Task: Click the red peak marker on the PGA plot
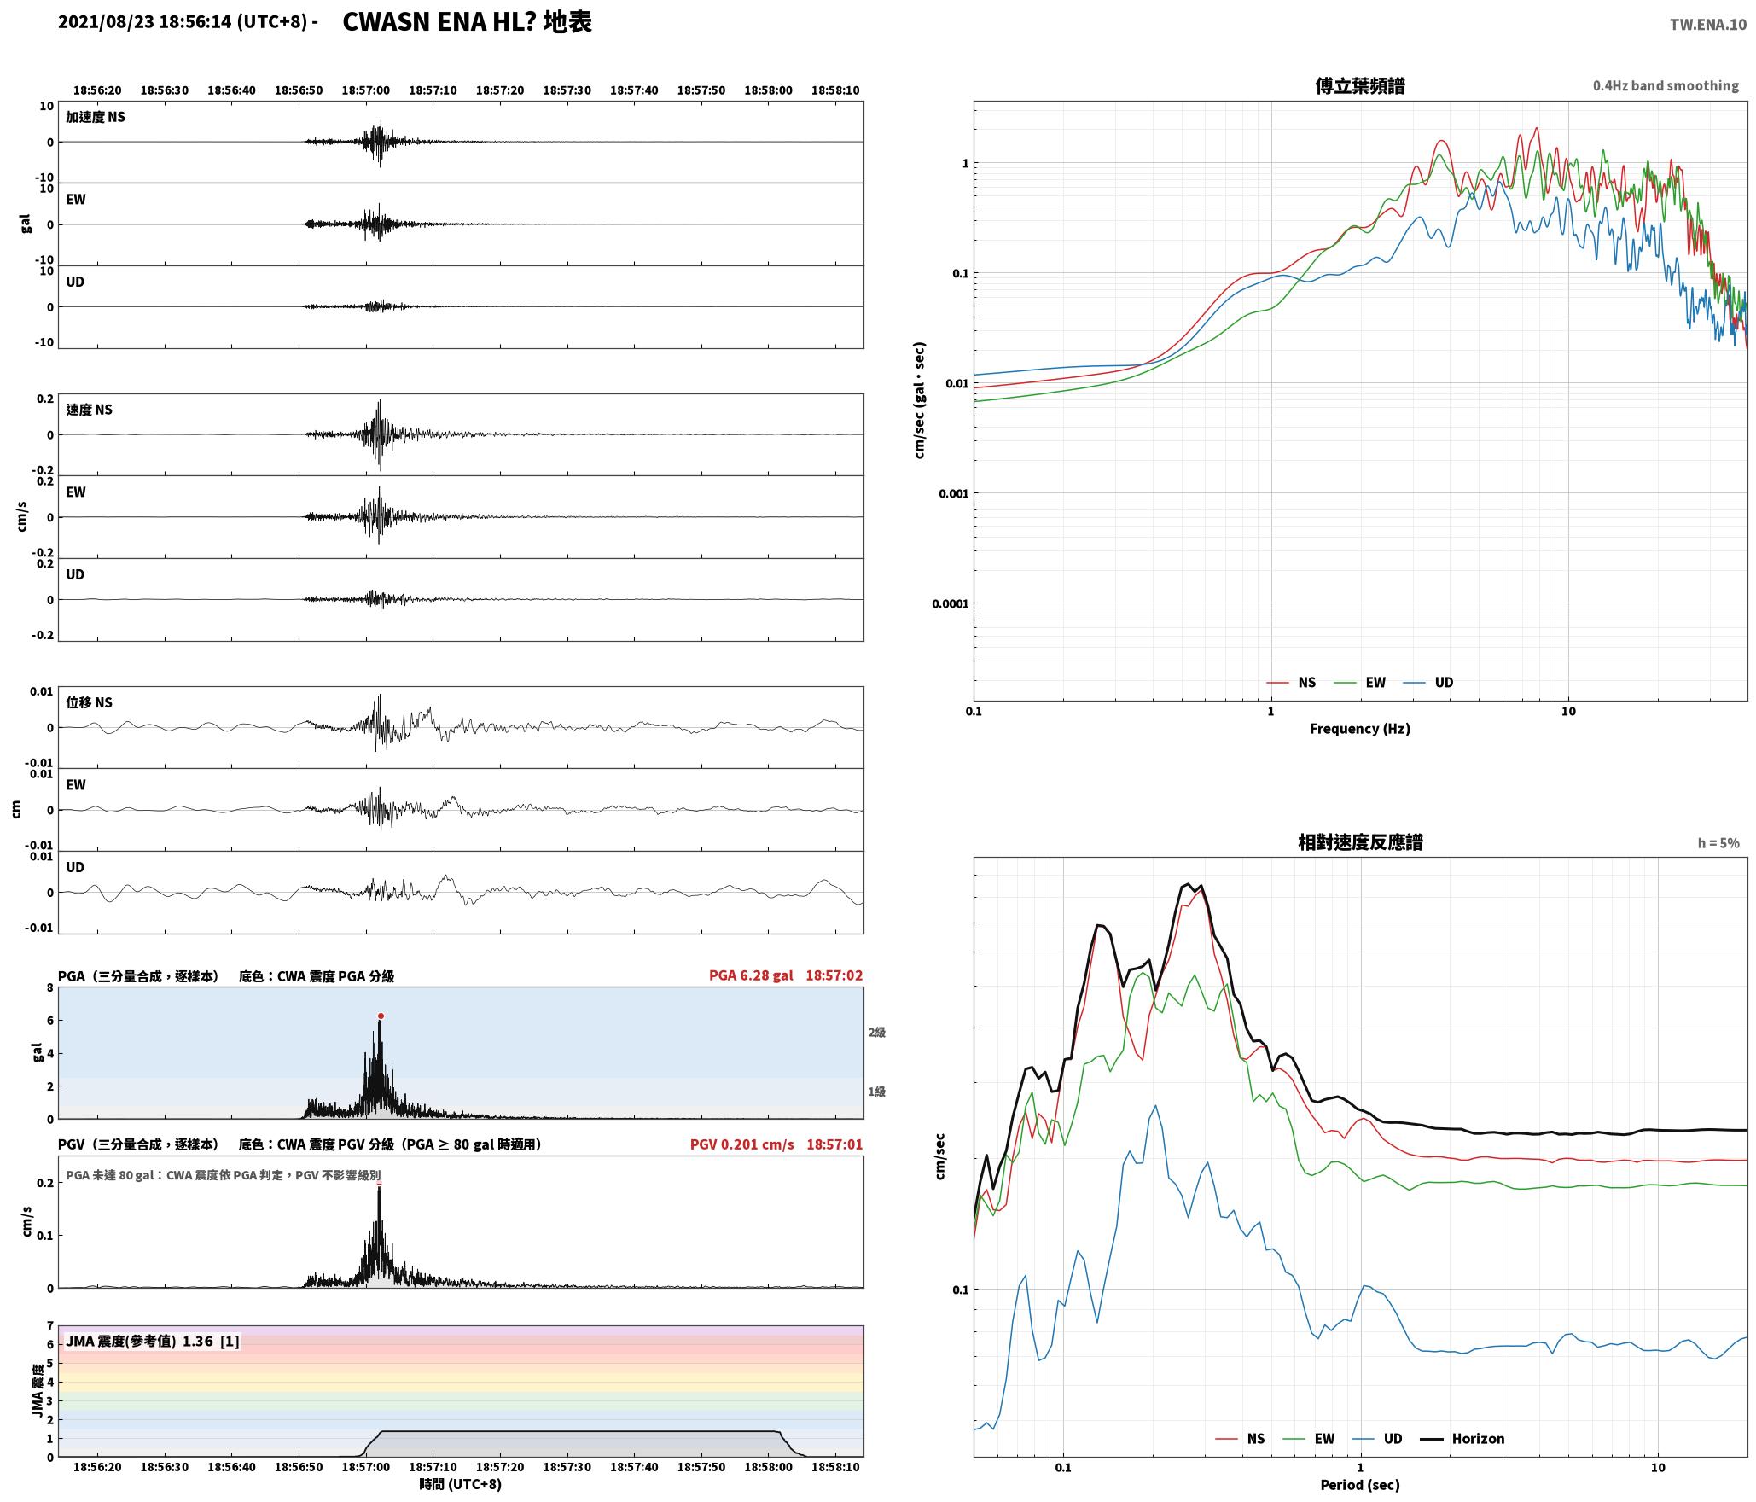coord(381,1016)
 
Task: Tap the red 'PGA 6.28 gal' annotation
coord(751,975)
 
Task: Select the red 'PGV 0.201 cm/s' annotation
coord(741,1144)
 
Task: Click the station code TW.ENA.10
coord(1708,25)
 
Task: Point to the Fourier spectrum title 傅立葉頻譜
coord(1360,86)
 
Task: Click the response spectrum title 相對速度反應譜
coord(1360,842)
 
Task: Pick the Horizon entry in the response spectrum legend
coord(1462,1439)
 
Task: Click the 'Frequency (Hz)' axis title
coord(1360,729)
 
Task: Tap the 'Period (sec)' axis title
coord(1360,1485)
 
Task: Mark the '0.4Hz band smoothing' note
coord(1666,86)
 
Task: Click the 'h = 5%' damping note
coord(1718,843)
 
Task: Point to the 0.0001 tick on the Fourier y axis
coord(950,604)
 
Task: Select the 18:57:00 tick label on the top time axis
coord(365,90)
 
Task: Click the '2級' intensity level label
coord(877,1033)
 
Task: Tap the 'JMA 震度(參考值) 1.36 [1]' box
coord(152,1342)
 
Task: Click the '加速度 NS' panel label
coord(96,117)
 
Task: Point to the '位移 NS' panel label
coord(90,702)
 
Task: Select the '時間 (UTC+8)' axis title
coord(461,1484)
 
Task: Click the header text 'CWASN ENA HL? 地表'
coord(467,22)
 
